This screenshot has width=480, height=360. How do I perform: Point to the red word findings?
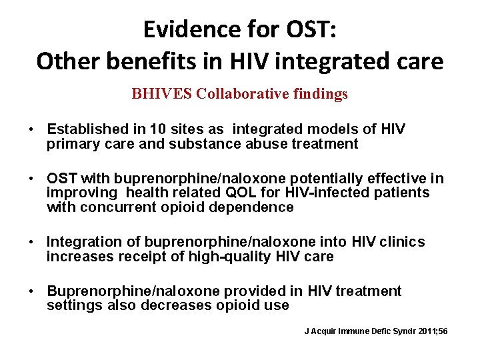[319, 94]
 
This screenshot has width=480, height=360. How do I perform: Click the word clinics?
[401, 242]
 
